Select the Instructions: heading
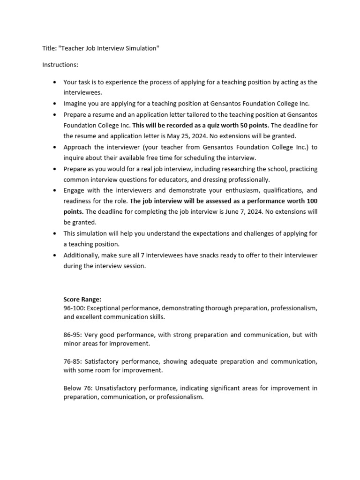point(60,64)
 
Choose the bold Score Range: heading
point(82,299)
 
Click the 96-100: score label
point(74,308)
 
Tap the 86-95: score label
point(73,335)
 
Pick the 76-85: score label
point(73,361)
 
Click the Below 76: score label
point(76,388)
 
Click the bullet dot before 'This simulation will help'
point(54,233)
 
